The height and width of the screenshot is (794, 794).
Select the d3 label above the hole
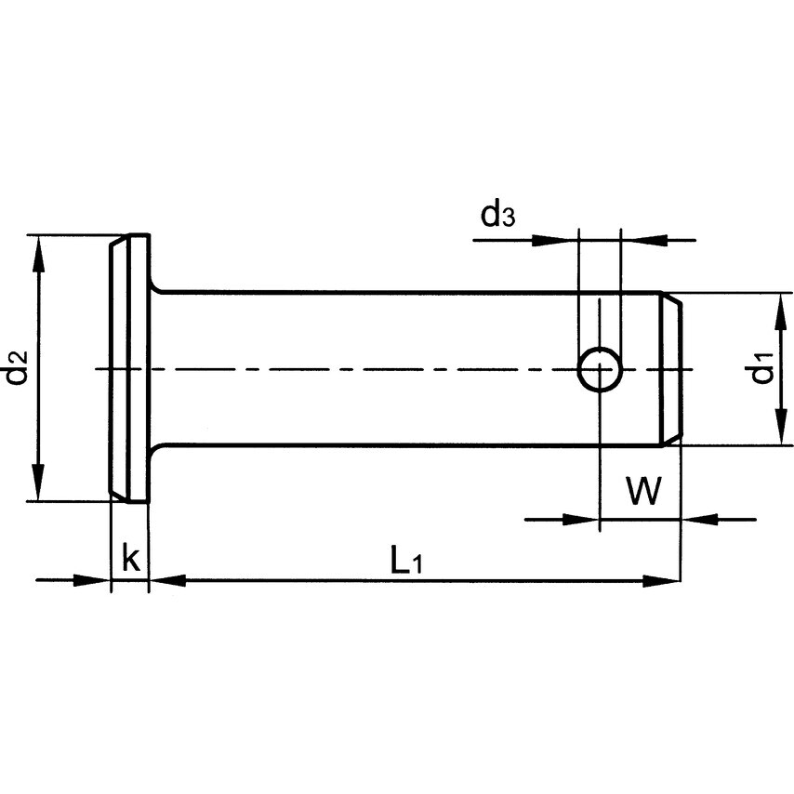pyautogui.click(x=497, y=215)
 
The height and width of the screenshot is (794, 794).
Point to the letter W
pyautogui.click(x=642, y=490)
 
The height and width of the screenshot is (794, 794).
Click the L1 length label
pyautogui.click(x=406, y=561)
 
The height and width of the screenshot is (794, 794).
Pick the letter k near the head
pyautogui.click(x=131, y=559)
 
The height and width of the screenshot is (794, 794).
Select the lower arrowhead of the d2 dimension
pyautogui.click(x=37, y=488)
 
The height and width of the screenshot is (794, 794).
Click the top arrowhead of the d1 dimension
pyautogui.click(x=774, y=306)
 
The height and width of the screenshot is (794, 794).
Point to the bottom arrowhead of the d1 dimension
pyautogui.click(x=774, y=432)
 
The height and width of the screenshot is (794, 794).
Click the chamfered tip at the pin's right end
pyautogui.click(x=672, y=369)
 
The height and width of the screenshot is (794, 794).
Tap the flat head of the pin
pyautogui.click(x=129, y=368)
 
